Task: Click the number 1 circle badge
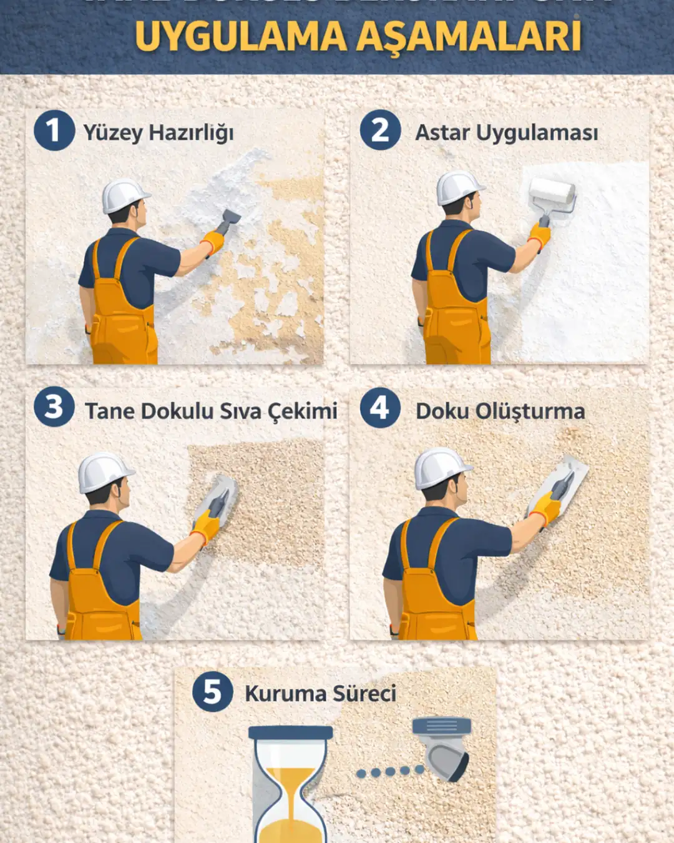pyautogui.click(x=54, y=131)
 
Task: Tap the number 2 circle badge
pyautogui.click(x=379, y=131)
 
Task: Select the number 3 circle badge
pyautogui.click(x=54, y=407)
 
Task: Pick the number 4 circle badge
pyautogui.click(x=379, y=407)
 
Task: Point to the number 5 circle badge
pyautogui.click(x=212, y=691)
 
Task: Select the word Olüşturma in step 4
pyautogui.click(x=530, y=411)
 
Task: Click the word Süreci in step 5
pyautogui.click(x=364, y=693)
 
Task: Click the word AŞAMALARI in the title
pyautogui.click(x=469, y=36)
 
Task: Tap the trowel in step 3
pyautogui.click(x=218, y=497)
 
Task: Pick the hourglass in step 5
pyautogui.click(x=290, y=784)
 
